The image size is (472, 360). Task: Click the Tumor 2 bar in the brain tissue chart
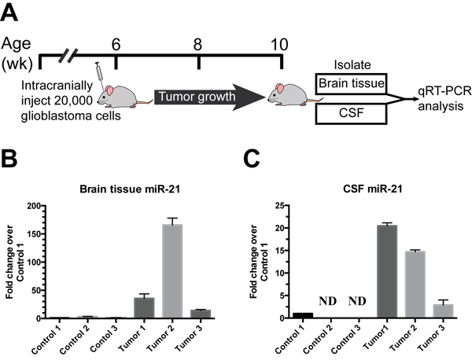click(x=172, y=270)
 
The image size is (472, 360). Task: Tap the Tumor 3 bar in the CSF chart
click(x=443, y=311)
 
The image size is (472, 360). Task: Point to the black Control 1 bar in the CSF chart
click(x=303, y=315)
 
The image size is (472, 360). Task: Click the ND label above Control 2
click(x=327, y=301)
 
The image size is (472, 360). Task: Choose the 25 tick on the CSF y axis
click(x=282, y=206)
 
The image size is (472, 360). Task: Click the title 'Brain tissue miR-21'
click(x=130, y=189)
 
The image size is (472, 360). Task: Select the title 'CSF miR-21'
click(x=373, y=189)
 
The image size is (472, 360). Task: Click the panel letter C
click(x=252, y=159)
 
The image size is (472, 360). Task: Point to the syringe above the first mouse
click(x=99, y=75)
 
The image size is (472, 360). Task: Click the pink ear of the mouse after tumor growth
click(x=280, y=88)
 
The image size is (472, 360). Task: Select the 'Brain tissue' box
click(x=352, y=83)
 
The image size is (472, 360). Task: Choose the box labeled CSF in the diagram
click(x=352, y=114)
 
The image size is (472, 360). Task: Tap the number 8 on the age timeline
click(x=197, y=45)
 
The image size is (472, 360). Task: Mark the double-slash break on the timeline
click(x=68, y=56)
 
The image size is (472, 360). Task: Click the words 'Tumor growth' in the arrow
click(x=197, y=97)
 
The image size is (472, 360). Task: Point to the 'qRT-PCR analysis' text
click(x=444, y=99)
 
